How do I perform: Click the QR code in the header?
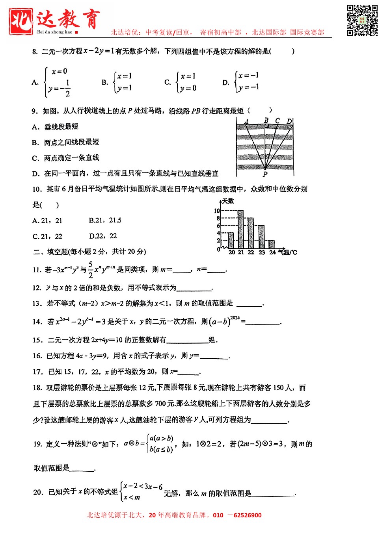coord(362,20)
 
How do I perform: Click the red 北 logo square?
coord(21,21)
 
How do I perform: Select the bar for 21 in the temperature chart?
coord(240,230)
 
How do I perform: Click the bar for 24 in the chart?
coord(272,244)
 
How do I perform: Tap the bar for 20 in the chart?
coord(231,240)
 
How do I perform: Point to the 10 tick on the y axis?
coord(217,211)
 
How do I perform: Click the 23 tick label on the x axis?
coord(262,252)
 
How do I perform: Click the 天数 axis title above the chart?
coord(228,201)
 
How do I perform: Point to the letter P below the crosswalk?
coord(265,174)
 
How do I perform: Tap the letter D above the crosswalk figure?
coord(289,121)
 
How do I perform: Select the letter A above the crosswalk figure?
coord(246,122)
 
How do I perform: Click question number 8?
coord(35,52)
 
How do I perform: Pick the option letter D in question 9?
coord(35,174)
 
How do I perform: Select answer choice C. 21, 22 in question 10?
coord(47,236)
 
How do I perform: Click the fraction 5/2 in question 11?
coord(91,270)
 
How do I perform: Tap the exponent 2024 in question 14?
coord(235,318)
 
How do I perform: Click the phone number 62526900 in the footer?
coord(248,515)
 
